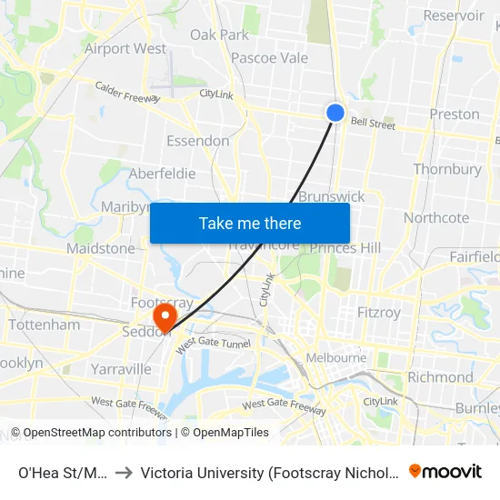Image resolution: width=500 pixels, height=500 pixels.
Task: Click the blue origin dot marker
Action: tap(335, 112)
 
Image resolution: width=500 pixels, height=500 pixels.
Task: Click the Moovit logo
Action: tap(445, 471)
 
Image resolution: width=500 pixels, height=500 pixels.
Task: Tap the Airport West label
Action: tap(125, 48)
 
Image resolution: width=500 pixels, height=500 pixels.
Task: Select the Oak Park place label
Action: tap(219, 35)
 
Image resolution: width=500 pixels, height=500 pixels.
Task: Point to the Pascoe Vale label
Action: tap(270, 57)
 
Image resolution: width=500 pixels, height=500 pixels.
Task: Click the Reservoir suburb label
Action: tap(454, 15)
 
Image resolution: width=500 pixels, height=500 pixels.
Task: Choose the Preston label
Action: tap(455, 114)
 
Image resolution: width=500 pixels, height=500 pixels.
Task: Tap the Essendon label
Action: tap(197, 141)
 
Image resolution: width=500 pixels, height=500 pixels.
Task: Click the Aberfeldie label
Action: tap(163, 174)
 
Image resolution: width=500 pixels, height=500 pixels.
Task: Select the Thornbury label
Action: tap(447, 169)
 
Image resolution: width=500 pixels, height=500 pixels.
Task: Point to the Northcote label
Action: tap(436, 217)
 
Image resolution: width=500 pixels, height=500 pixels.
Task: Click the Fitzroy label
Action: tap(379, 312)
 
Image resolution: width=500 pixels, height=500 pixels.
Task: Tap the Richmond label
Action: tap(440, 376)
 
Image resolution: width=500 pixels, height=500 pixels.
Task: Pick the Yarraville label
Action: tap(121, 369)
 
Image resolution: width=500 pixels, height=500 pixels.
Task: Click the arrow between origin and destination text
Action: tap(123, 472)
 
